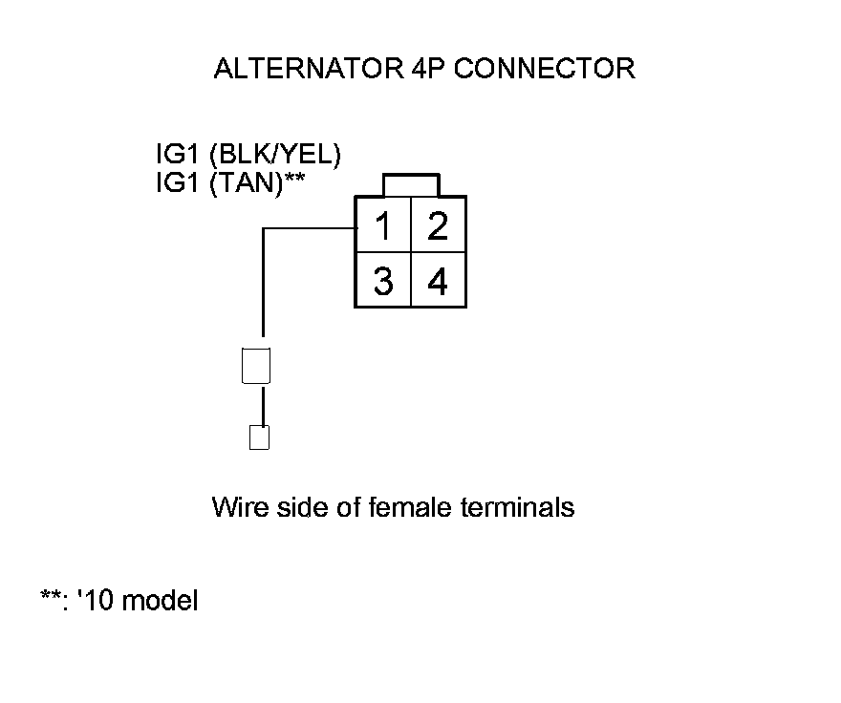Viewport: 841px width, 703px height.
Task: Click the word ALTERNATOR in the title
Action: [x=301, y=69]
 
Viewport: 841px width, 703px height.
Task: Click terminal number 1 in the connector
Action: [x=382, y=227]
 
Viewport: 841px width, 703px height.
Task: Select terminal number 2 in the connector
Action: [x=439, y=227]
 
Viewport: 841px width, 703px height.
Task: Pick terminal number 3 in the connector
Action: [x=382, y=283]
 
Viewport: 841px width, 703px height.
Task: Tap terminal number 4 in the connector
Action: [x=439, y=283]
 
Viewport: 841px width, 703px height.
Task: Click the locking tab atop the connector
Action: [x=411, y=184]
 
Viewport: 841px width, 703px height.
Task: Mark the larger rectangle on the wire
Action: [x=257, y=366]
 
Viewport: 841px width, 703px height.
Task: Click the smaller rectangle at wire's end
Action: [x=258, y=437]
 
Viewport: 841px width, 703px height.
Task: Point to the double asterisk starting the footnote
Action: [x=51, y=599]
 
